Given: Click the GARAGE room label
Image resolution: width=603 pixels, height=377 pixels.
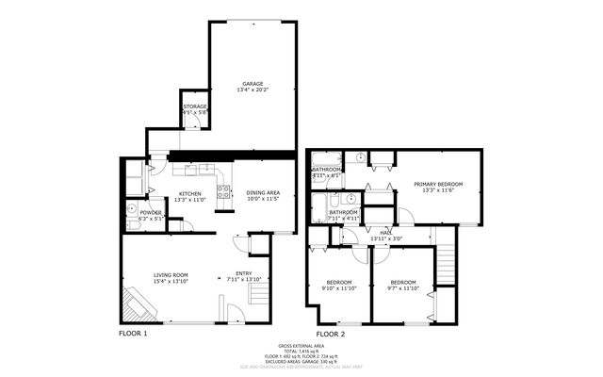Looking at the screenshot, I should coord(252,83).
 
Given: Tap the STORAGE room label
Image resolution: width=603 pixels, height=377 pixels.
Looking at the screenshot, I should coord(195,107).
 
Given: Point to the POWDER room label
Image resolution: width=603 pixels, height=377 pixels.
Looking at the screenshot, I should coord(151,212).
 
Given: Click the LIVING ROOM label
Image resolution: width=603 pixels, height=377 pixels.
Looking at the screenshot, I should coord(172,275).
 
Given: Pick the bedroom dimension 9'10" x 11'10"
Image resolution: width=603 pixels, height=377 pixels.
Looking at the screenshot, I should coord(340,288).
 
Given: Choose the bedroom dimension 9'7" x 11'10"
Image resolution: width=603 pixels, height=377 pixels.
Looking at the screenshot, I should coord(404,288).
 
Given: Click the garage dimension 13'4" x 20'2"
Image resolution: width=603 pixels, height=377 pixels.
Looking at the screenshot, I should coord(252,90).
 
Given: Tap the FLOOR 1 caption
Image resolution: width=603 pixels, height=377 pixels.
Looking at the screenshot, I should coord(133,334).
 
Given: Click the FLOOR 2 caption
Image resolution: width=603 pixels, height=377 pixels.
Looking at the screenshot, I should coord(330,334).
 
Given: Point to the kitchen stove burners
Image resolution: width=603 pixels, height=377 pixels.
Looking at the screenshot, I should coord(224,195).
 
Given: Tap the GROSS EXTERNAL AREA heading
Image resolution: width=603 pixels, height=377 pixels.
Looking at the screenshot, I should coord(301,345).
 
